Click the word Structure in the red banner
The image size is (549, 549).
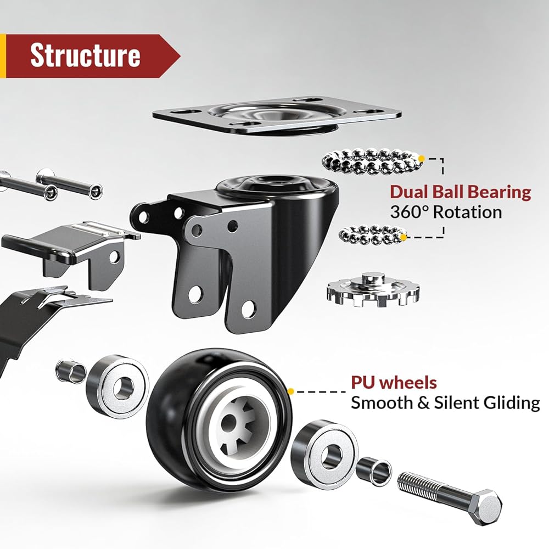pyautogui.click(x=85, y=55)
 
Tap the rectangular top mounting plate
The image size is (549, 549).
pyautogui.click(x=277, y=116)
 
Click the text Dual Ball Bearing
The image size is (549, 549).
pyautogui.click(x=461, y=192)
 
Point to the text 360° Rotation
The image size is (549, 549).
pyautogui.click(x=446, y=212)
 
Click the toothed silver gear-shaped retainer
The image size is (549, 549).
pyautogui.click(x=373, y=289)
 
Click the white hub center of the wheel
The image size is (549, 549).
pyautogui.click(x=238, y=427)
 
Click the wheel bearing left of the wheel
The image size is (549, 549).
pyautogui.click(x=117, y=386)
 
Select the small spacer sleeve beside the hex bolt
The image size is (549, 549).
pyautogui.click(x=374, y=471)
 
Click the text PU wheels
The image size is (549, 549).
pyautogui.click(x=394, y=382)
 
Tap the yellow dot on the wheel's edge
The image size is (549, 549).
pyautogui.click(x=290, y=391)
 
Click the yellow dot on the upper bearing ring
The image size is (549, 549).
pyautogui.click(x=422, y=159)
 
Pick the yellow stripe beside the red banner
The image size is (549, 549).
pyautogui.click(x=3, y=55)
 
